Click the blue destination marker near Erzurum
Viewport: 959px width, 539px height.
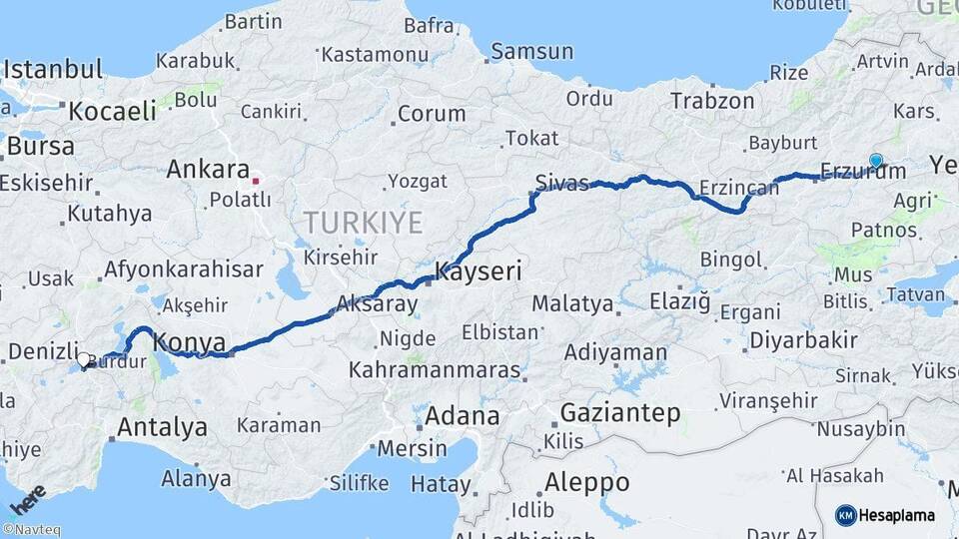click(876, 160)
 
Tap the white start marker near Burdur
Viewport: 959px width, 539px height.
click(84, 359)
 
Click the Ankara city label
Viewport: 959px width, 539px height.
click(208, 170)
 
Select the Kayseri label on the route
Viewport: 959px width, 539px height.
click(478, 271)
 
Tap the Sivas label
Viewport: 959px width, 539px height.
click(561, 183)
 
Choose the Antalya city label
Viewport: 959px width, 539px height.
click(162, 428)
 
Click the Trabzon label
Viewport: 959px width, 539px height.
click(712, 101)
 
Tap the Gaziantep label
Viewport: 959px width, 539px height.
click(620, 412)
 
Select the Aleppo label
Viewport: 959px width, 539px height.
click(586, 483)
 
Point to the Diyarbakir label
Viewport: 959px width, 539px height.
click(803, 340)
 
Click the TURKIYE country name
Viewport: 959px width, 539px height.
click(364, 222)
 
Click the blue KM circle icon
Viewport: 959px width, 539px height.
click(845, 515)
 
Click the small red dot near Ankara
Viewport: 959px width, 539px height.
click(256, 181)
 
